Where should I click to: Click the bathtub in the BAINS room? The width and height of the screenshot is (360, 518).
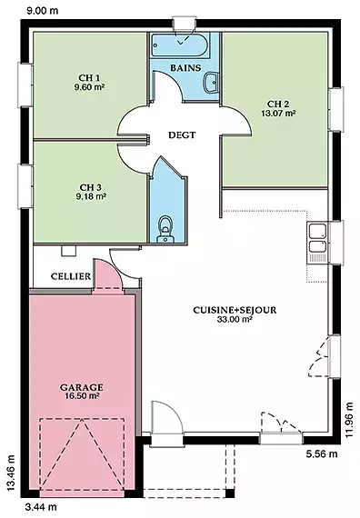(180, 46)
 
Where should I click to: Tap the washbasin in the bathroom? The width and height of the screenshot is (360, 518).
(210, 82)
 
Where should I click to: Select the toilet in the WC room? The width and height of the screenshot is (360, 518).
(165, 230)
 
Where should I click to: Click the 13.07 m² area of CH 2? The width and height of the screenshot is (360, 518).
(278, 113)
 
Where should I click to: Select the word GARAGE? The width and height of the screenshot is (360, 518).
(81, 387)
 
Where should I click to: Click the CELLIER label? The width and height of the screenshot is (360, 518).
(71, 276)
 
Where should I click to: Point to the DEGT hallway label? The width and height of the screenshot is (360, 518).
(182, 134)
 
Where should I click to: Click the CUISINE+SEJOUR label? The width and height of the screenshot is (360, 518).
(235, 310)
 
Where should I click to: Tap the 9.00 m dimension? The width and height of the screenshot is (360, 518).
(43, 11)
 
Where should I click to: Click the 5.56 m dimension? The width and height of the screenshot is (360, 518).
(322, 453)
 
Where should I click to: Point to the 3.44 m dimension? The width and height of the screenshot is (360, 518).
(41, 506)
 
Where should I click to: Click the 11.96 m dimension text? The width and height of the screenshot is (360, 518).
(350, 420)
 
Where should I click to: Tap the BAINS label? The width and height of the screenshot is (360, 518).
(185, 68)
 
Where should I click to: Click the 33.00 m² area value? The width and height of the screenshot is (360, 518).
(235, 319)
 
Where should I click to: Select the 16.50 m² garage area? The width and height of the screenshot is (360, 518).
(81, 395)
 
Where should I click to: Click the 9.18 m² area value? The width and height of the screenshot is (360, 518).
(91, 196)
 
